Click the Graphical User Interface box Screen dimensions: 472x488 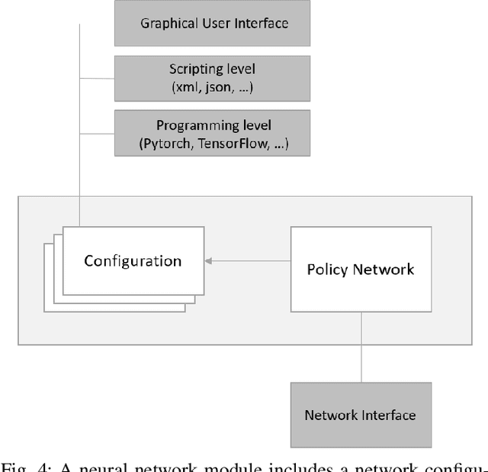[x=213, y=23]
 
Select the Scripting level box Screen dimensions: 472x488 [x=213, y=78]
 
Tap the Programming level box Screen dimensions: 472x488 [x=213, y=134]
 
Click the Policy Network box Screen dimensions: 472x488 [x=361, y=269]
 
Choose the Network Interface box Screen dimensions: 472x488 [x=361, y=415]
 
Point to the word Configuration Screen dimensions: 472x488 [x=133, y=261]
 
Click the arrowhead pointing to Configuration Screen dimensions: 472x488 [x=208, y=261]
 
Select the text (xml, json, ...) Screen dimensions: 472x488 [x=213, y=87]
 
